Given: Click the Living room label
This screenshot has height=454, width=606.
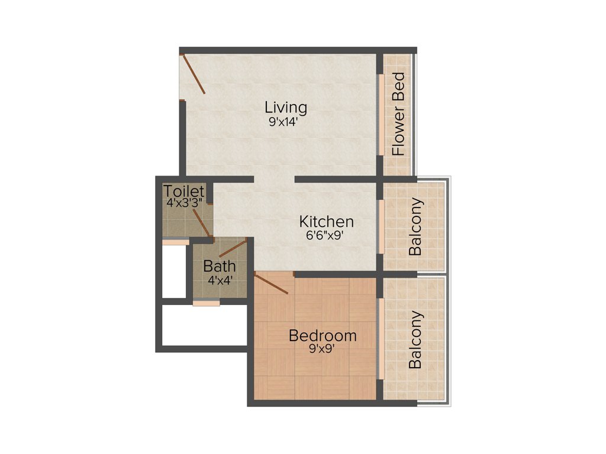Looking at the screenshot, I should (286, 108).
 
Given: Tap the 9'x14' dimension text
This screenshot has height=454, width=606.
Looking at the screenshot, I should (286, 122).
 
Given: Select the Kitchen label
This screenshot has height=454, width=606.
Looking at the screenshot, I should (326, 222).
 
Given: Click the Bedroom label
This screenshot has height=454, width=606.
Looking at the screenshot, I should (323, 336).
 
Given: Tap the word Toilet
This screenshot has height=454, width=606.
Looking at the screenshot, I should (185, 191).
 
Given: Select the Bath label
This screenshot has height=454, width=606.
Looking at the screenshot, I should (220, 266).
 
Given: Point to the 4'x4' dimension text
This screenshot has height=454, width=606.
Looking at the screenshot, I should (220, 280).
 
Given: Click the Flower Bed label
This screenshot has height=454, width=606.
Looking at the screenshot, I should (399, 113).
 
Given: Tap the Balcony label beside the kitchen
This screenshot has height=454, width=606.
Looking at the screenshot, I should (417, 227).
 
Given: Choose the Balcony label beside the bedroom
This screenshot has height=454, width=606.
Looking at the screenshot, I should (417, 339).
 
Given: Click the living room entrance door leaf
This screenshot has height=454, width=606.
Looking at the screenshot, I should (194, 74).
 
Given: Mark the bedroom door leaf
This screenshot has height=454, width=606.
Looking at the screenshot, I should (271, 284).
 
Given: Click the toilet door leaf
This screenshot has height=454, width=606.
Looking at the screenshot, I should (201, 225).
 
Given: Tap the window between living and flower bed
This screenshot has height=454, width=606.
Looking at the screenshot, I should (381, 115).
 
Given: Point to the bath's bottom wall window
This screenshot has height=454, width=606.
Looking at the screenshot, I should (206, 303).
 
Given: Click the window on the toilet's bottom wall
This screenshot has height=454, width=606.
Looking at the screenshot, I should (176, 242).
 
